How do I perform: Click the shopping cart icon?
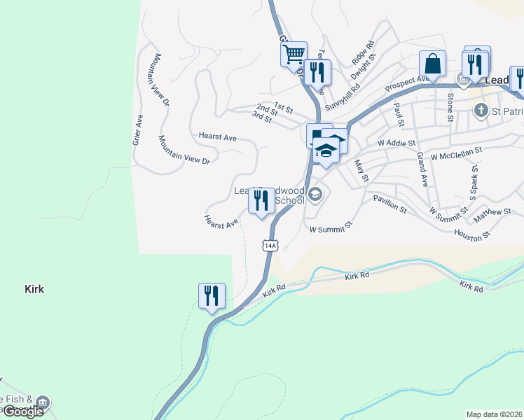(x=294, y=53)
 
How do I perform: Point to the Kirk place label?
(x=34, y=288)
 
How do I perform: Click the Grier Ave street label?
(x=137, y=129)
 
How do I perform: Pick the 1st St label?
(x=283, y=106)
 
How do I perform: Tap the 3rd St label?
(x=261, y=117)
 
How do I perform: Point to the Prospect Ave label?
(x=407, y=83)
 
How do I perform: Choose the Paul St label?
(x=399, y=115)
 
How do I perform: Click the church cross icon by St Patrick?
(x=481, y=110)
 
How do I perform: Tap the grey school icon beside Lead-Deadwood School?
(x=315, y=195)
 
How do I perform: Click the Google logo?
(x=23, y=412)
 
